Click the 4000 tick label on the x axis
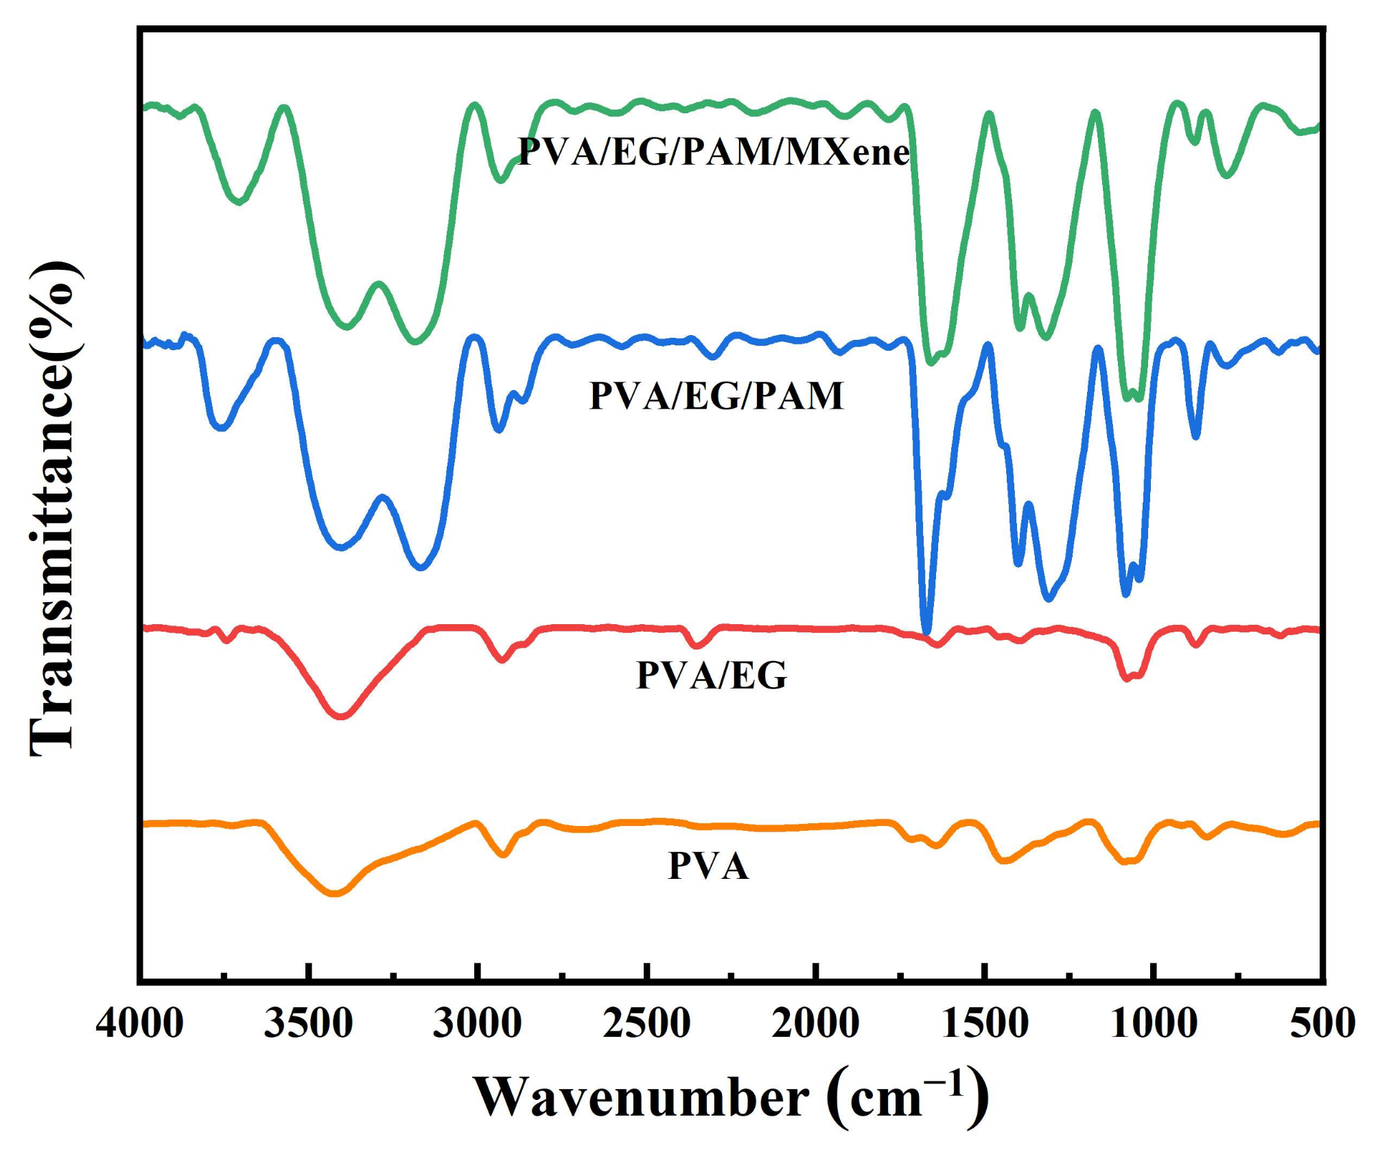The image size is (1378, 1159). (139, 1024)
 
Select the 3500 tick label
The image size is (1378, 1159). (308, 1024)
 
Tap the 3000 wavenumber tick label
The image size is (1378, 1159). (477, 1024)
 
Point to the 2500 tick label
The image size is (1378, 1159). (646, 1024)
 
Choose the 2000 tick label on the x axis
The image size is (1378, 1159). (815, 1024)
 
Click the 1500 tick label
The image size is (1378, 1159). (984, 1024)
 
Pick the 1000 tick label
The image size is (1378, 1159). (1153, 1024)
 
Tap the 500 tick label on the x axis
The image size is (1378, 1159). (1322, 1024)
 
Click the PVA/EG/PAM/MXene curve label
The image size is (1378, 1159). (714, 152)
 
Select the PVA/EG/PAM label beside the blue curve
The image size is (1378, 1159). (716, 396)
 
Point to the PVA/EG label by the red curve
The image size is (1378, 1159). (712, 675)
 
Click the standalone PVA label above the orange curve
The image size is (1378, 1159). (708, 866)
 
